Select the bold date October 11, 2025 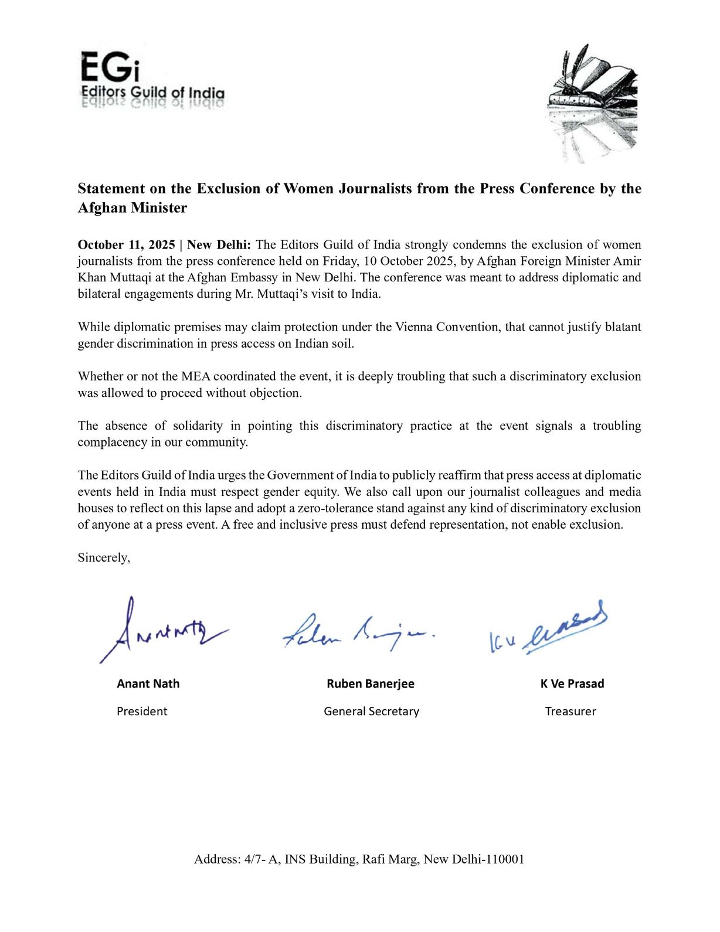pyautogui.click(x=126, y=245)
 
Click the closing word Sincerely pyautogui.click(x=103, y=557)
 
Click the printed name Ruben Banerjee pyautogui.click(x=371, y=684)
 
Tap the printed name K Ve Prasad pyautogui.click(x=572, y=684)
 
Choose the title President pyautogui.click(x=142, y=712)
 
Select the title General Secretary pyautogui.click(x=371, y=712)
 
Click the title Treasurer pyautogui.click(x=570, y=712)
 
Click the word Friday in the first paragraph pyautogui.click(x=338, y=261)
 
